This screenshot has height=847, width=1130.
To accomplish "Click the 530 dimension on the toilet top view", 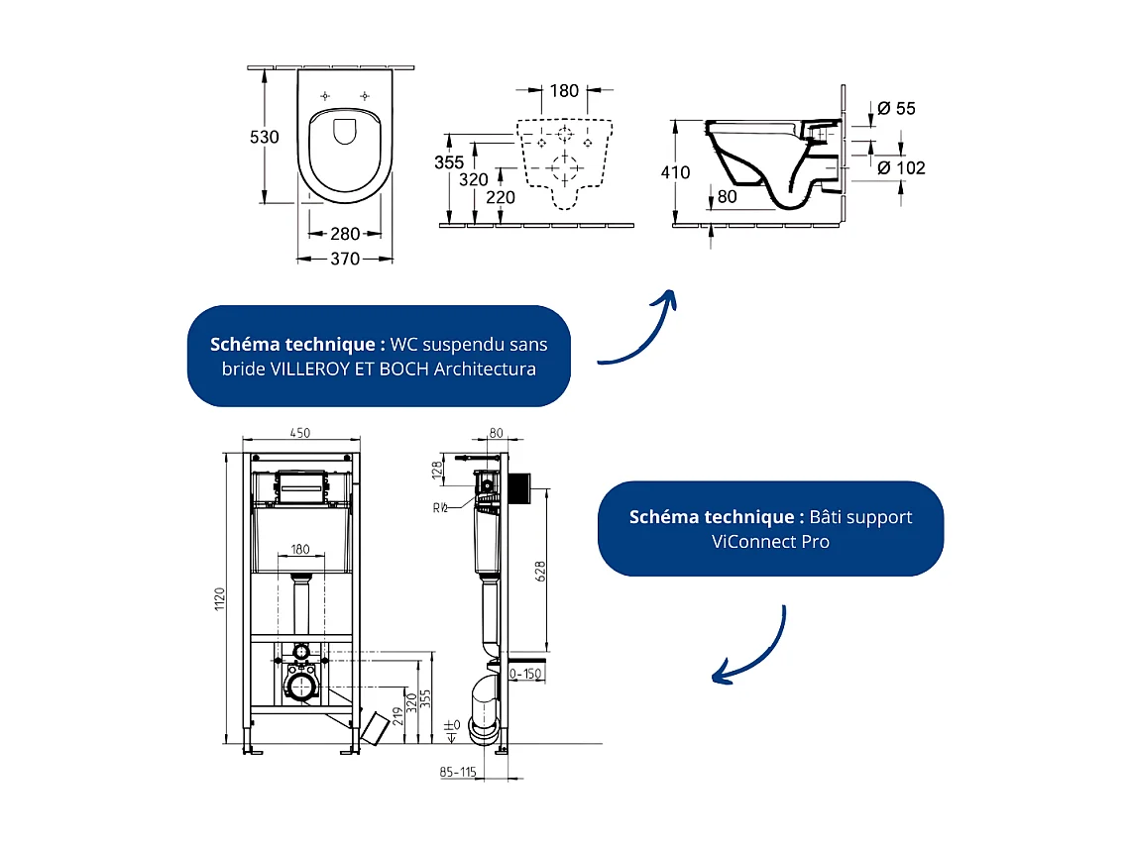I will click(264, 137).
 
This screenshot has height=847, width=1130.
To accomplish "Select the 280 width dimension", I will click(344, 234).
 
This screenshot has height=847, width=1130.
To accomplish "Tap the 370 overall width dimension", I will click(344, 259).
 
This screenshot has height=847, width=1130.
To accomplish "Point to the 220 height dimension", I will click(502, 197).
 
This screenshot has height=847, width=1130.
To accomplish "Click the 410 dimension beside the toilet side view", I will click(675, 172).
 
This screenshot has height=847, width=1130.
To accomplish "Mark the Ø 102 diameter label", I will click(901, 167).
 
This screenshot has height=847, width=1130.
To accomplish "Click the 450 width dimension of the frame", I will click(298, 432).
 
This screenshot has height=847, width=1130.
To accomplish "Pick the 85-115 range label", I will click(458, 771).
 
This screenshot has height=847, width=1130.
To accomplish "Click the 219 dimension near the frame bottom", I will click(397, 715).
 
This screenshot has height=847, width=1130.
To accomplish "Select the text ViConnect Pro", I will click(770, 542).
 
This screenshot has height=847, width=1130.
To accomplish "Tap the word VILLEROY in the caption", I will click(308, 370).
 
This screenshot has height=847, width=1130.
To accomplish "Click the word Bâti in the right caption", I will click(830, 517).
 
